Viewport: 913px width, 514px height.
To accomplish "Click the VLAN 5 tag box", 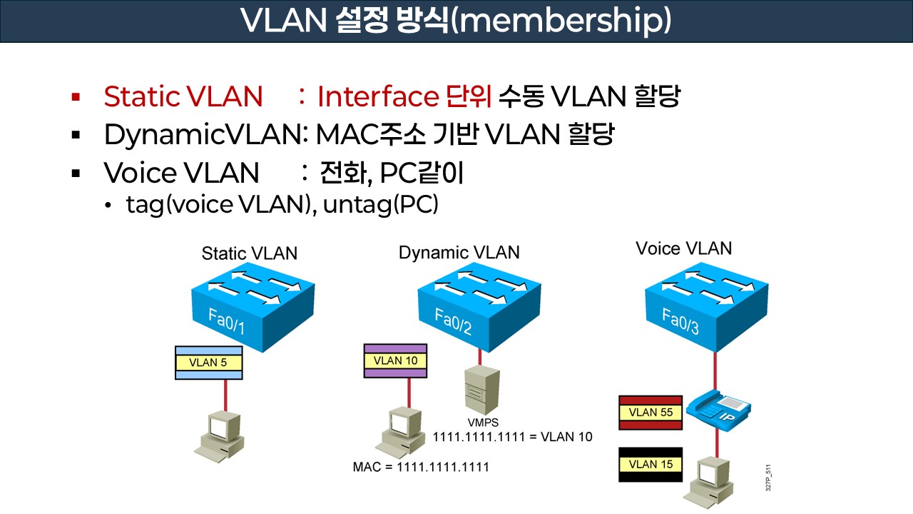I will click(208, 363).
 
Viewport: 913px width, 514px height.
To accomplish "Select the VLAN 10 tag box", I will click(395, 361).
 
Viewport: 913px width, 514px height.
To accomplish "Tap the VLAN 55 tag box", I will click(651, 413).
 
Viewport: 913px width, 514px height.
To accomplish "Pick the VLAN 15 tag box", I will click(651, 465).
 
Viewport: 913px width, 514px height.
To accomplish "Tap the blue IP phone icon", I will click(719, 410).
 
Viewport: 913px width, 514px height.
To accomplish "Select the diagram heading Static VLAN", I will click(250, 253).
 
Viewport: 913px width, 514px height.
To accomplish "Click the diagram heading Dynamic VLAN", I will click(459, 252).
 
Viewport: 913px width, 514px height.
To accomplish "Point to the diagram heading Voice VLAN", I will click(683, 248).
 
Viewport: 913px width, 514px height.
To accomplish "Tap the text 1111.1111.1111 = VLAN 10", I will click(513, 436).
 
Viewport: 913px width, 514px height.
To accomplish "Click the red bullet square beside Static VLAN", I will click(76, 96).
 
